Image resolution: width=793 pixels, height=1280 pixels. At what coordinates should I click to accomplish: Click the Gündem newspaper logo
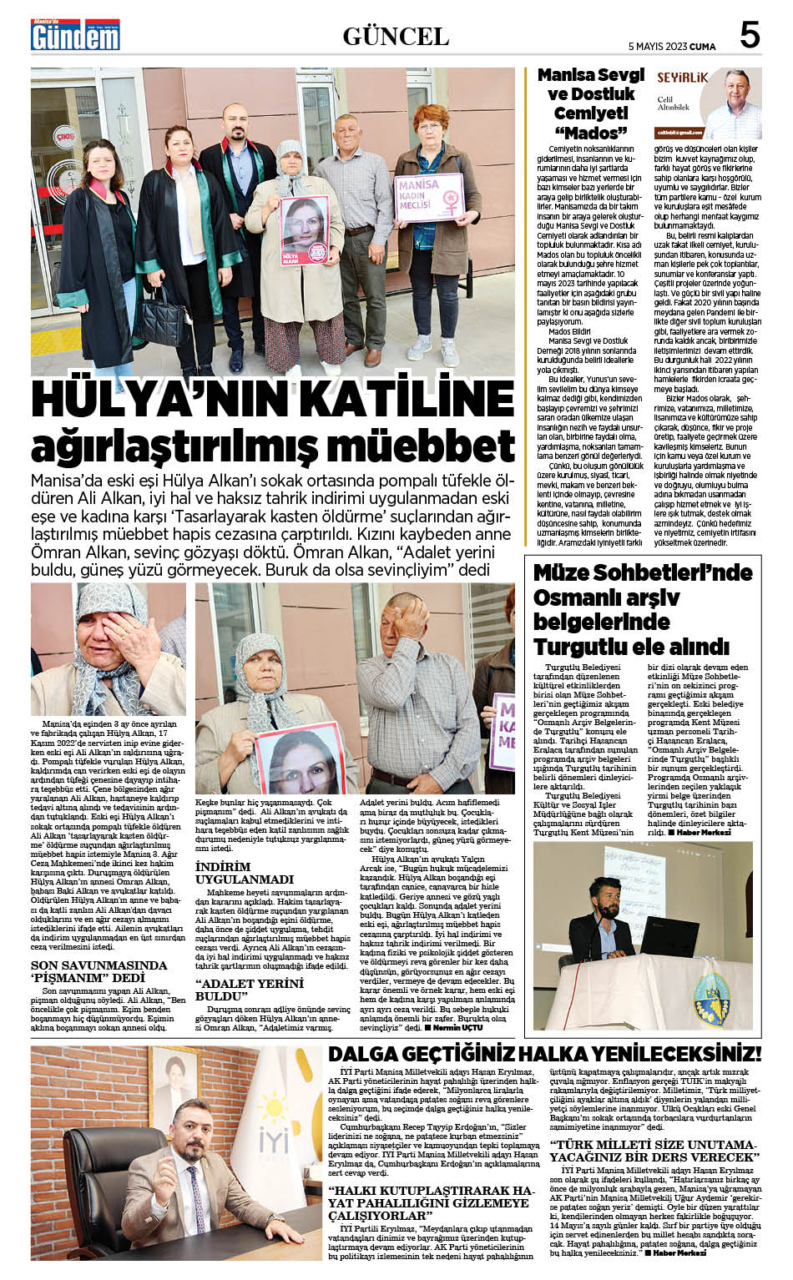point(75,36)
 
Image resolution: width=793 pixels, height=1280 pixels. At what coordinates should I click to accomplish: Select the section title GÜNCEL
point(396,37)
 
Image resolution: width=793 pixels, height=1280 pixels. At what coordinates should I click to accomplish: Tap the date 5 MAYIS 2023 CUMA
point(671,47)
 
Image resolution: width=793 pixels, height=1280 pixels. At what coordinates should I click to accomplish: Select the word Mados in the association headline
point(591,133)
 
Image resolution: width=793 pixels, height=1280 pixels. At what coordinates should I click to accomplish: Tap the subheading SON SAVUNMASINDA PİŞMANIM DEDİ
point(98,971)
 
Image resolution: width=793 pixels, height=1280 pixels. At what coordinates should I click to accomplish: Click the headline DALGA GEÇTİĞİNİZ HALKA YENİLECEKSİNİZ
point(544,1053)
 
